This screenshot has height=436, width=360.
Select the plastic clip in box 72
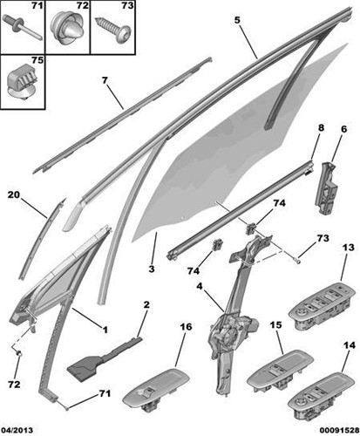pyautogui.click(x=67, y=29)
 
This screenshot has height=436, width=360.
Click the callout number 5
pyautogui.click(x=237, y=20)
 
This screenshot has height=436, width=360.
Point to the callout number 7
pyautogui.click(x=105, y=79)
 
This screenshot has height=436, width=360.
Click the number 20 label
pyautogui.click(x=14, y=194)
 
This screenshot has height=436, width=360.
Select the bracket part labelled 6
pyautogui.click(x=326, y=189)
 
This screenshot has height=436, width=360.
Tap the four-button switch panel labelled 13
pyautogui.click(x=322, y=305)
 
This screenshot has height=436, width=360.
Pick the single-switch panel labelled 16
pyautogui.click(x=156, y=390)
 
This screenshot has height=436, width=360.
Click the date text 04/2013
pyautogui.click(x=17, y=430)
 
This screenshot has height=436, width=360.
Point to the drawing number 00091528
pyautogui.click(x=339, y=430)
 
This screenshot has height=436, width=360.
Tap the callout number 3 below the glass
pyautogui.click(x=152, y=269)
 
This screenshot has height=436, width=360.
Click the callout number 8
pyautogui.click(x=321, y=128)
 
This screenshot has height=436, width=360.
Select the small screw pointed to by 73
pyautogui.click(x=297, y=262)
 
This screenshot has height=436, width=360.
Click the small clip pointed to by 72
pyautogui.click(x=19, y=354)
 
